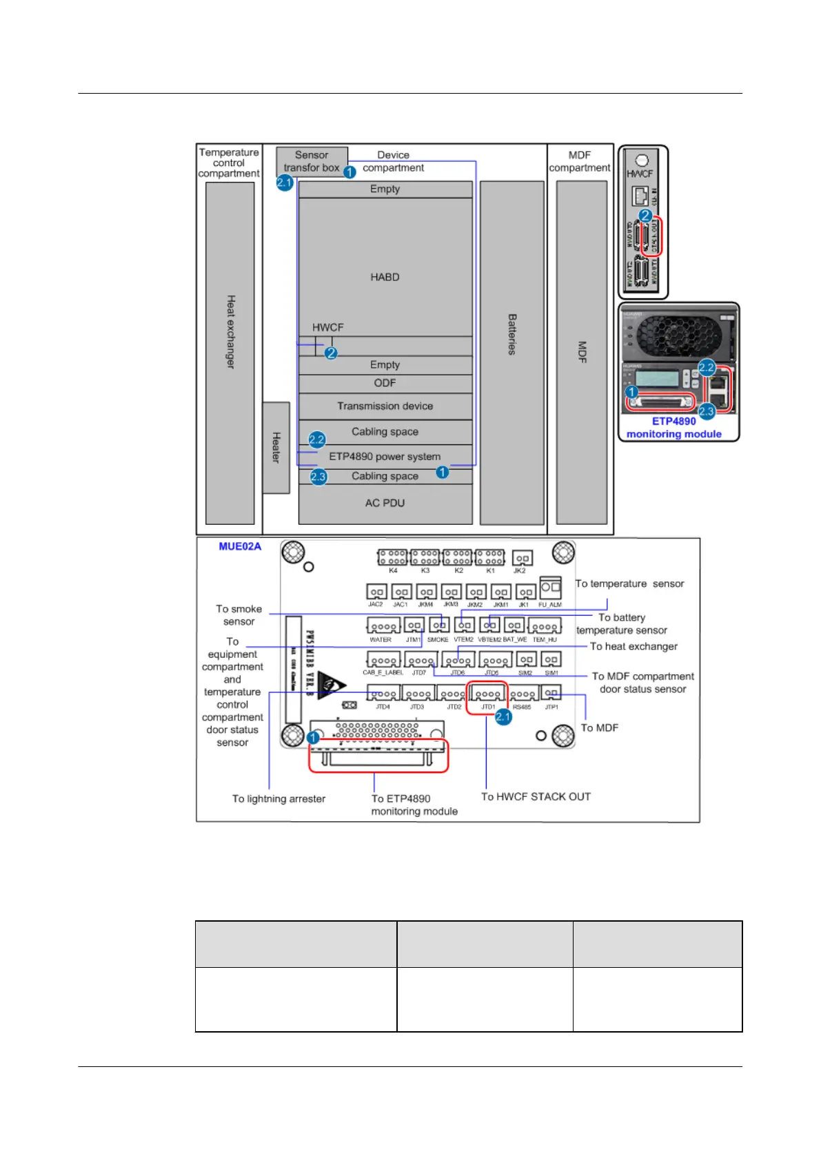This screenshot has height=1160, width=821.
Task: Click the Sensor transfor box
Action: click(x=312, y=161)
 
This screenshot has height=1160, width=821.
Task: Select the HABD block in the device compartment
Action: click(x=385, y=277)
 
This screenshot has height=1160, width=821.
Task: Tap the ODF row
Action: click(x=385, y=383)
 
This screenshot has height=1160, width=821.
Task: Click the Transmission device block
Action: click(x=385, y=406)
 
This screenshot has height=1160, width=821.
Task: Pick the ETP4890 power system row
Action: click(x=385, y=456)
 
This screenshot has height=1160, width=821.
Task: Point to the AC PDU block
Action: click(x=385, y=503)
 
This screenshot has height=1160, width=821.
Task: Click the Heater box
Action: click(x=276, y=448)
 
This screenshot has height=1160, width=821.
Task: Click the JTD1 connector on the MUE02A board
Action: click(x=487, y=694)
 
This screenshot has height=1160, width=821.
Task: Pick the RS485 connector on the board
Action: click(x=523, y=694)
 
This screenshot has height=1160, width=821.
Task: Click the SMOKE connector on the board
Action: click(x=438, y=625)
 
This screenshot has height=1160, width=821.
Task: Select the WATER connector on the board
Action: click(x=383, y=626)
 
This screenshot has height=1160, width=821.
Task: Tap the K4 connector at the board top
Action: click(x=393, y=557)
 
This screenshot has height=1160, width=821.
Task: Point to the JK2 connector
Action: click(x=522, y=559)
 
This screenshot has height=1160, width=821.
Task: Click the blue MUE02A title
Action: click(x=240, y=546)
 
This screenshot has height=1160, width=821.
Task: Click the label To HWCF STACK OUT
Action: click(x=536, y=796)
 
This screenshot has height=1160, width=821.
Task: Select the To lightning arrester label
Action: click(x=278, y=798)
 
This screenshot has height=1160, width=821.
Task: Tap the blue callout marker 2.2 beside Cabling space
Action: click(x=316, y=439)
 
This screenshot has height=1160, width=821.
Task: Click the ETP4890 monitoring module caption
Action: click(x=673, y=427)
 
